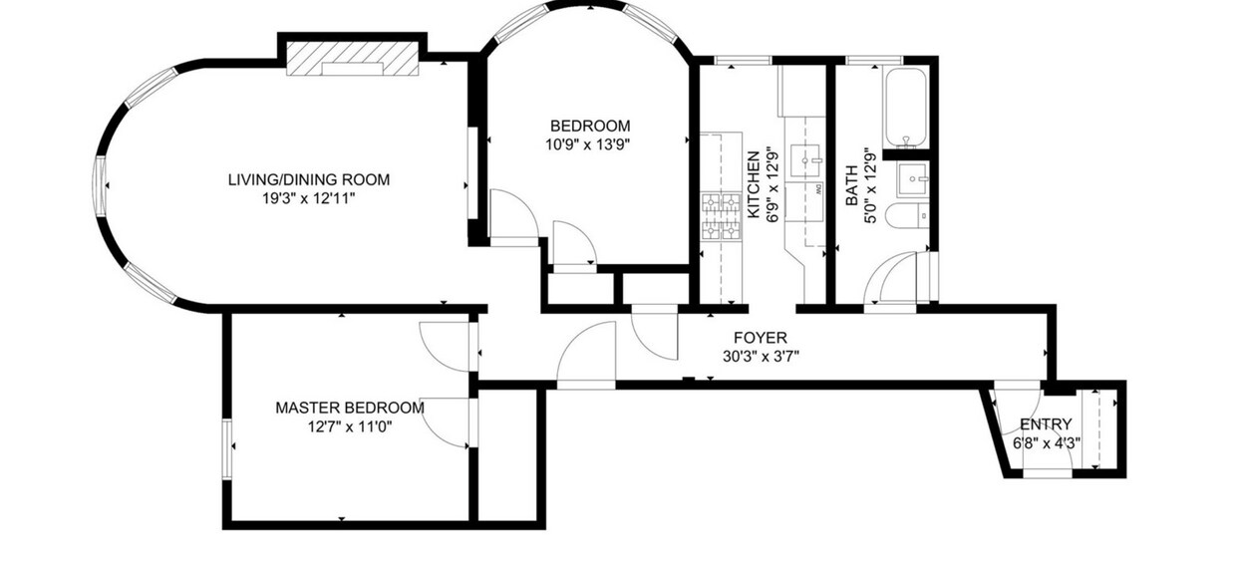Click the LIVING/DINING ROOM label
tap(309, 179)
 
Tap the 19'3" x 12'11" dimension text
tap(308, 198)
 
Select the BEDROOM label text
tap(590, 126)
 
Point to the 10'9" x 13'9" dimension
tap(588, 144)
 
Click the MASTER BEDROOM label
tap(350, 409)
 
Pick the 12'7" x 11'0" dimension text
tap(351, 426)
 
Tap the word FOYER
tap(761, 338)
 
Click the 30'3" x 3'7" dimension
tap(761, 357)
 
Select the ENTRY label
tap(1046, 424)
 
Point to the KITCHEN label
tap(754, 184)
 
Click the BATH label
tap(852, 185)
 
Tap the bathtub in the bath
tap(906, 109)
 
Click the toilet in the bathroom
tap(907, 215)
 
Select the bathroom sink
tap(913, 179)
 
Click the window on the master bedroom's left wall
tap(227, 449)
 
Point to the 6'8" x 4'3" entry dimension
tap(1047, 443)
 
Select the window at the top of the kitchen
tap(743, 60)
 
